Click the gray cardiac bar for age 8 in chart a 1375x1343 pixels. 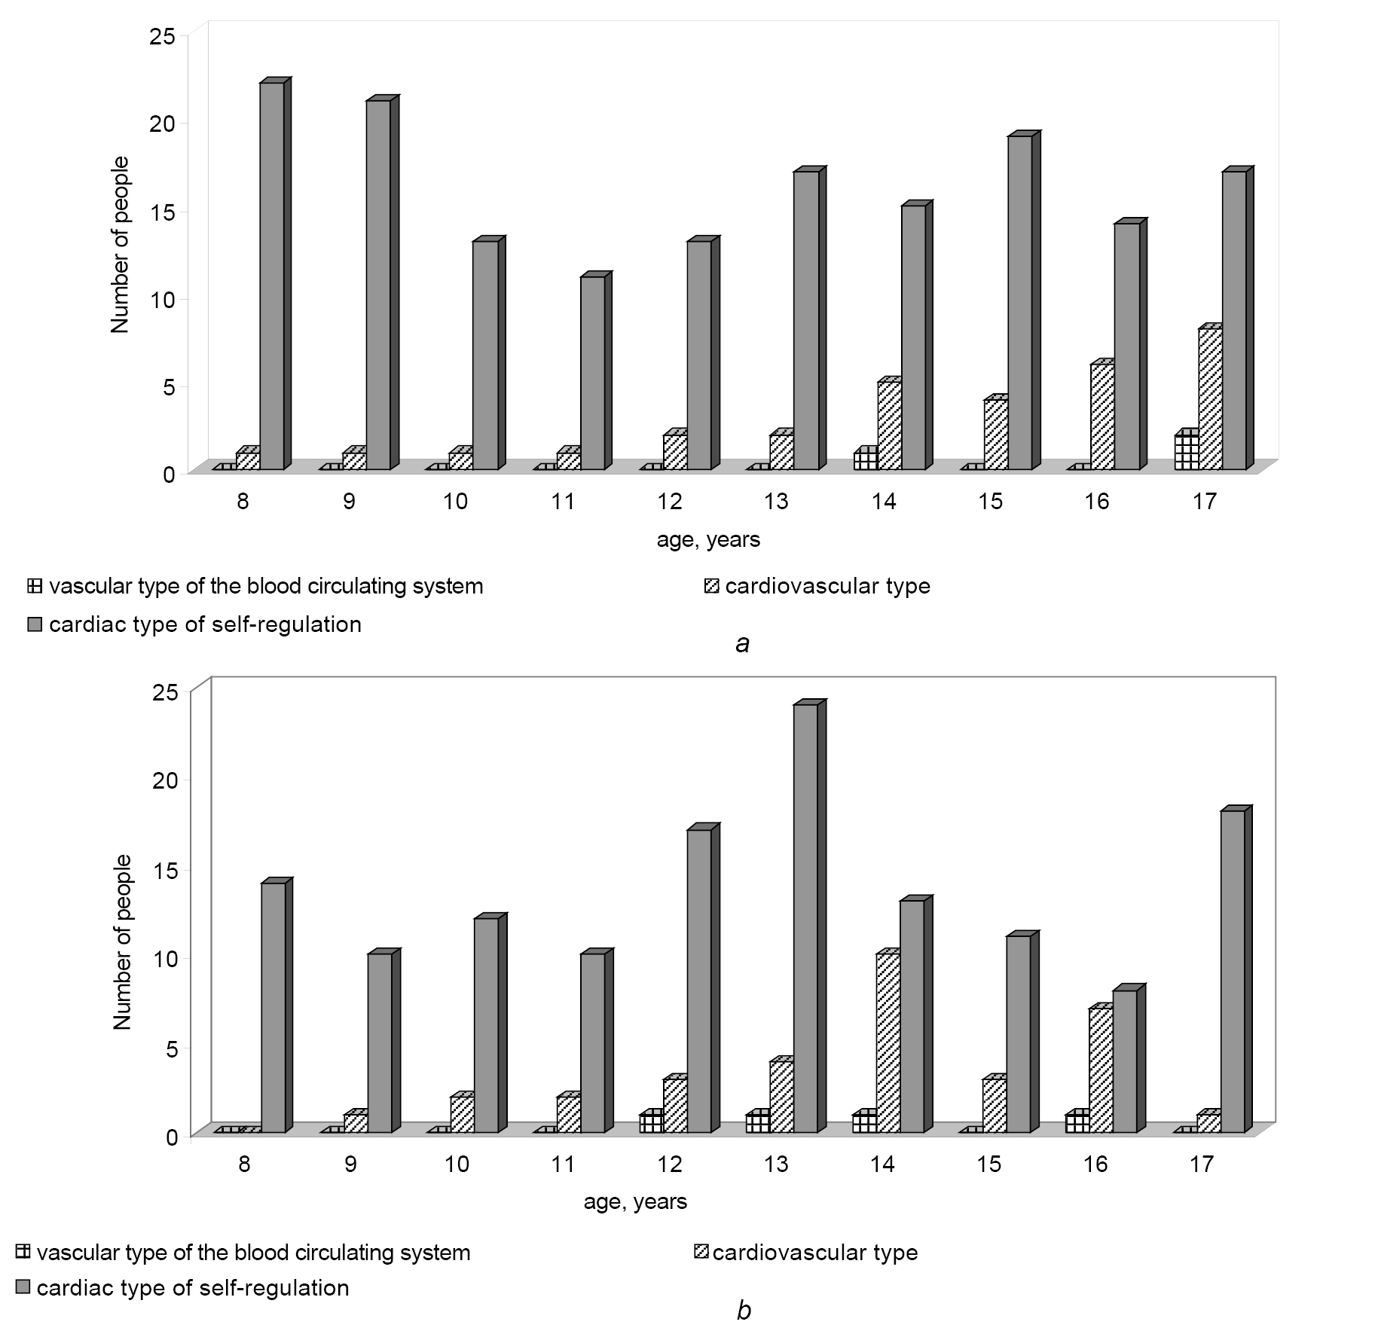[x=272, y=276]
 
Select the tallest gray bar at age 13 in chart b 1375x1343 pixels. [x=805, y=918]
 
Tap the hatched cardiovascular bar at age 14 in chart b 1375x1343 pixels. [x=888, y=1043]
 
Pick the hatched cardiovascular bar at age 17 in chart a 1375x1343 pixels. [x=1210, y=398]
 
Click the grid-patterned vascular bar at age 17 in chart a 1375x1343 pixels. [x=1187, y=452]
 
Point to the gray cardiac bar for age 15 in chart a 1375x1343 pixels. [x=1020, y=303]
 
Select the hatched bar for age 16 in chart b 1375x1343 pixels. [x=1101, y=1070]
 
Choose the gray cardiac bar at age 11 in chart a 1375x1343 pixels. [x=592, y=373]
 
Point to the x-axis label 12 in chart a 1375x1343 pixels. [x=669, y=502]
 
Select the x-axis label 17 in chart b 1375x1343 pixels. [x=1202, y=1164]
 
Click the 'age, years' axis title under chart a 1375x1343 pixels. [x=708, y=539]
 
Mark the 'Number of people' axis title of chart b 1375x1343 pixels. [x=122, y=942]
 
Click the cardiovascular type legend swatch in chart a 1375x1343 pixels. [x=711, y=586]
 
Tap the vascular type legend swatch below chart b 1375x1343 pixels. [x=23, y=1252]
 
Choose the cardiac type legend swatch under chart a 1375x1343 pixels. [x=35, y=624]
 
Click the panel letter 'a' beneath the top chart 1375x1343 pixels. [x=743, y=643]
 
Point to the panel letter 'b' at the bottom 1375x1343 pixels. [x=744, y=1312]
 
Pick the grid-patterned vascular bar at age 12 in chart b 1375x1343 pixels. [x=651, y=1122]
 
